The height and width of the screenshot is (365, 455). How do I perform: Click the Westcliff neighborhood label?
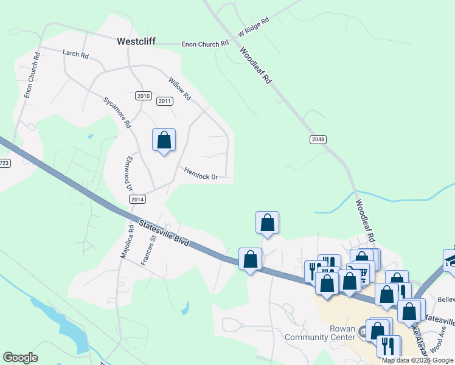click(136, 42)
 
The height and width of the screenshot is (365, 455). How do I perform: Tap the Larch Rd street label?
click(76, 54)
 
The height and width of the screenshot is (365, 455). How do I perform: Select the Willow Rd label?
click(180, 89)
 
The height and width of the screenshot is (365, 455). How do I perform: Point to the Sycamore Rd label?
click(117, 112)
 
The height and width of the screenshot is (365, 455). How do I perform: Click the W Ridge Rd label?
click(252, 26)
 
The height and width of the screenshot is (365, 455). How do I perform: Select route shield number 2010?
click(144, 96)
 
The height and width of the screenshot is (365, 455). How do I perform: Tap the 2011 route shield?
click(164, 101)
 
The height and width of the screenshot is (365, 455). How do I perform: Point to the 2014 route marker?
click(137, 199)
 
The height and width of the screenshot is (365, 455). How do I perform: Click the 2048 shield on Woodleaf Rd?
click(318, 139)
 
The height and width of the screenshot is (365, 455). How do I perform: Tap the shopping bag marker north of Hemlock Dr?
click(164, 140)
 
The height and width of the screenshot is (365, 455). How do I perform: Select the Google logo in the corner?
click(20, 358)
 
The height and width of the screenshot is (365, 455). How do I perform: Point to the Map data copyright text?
click(417, 360)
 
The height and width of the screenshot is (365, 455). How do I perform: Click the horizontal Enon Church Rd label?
click(206, 44)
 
